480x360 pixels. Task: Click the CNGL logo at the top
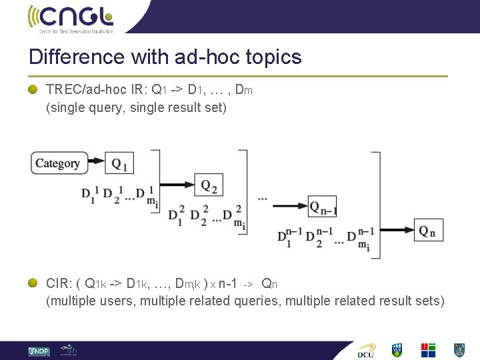click(x=70, y=18)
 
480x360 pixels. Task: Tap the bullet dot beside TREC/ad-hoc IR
click(x=33, y=89)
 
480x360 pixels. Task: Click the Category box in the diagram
click(x=57, y=163)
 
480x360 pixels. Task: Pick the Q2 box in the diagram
click(x=209, y=185)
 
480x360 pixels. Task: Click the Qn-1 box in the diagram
click(x=323, y=207)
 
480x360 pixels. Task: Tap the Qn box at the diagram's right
click(x=428, y=231)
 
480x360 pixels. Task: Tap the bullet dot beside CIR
click(x=33, y=283)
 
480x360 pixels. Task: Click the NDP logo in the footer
click(x=39, y=351)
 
